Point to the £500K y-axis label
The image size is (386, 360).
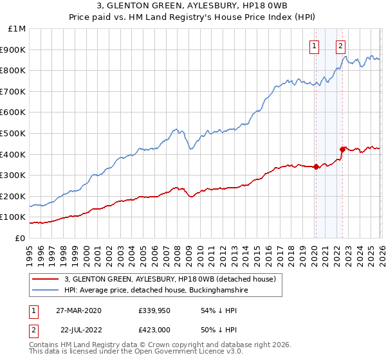pyautogui.click(x=14, y=134)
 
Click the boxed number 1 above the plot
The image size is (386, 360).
pyautogui.click(x=315, y=46)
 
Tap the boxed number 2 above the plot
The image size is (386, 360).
pyautogui.click(x=340, y=46)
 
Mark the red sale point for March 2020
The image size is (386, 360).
pyautogui.click(x=316, y=167)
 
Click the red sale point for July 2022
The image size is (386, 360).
pyautogui.click(x=342, y=149)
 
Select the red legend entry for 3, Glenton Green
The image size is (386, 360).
pyautogui.click(x=170, y=279)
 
